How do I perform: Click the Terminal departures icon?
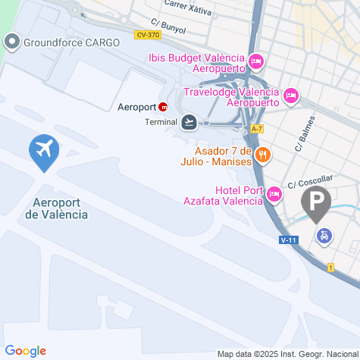point(189,121)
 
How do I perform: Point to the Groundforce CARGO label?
point(71,42)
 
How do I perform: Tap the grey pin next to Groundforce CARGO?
point(13,42)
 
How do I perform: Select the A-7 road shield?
point(256,128)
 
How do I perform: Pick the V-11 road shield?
point(287,239)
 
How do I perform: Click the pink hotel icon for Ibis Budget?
point(256,60)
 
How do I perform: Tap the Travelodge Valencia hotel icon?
point(292,96)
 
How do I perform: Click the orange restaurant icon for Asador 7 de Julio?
point(263,155)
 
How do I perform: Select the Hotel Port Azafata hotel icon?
point(274,196)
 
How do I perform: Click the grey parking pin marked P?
point(316,202)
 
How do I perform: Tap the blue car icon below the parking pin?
point(324,236)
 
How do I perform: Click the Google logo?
point(25,350)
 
